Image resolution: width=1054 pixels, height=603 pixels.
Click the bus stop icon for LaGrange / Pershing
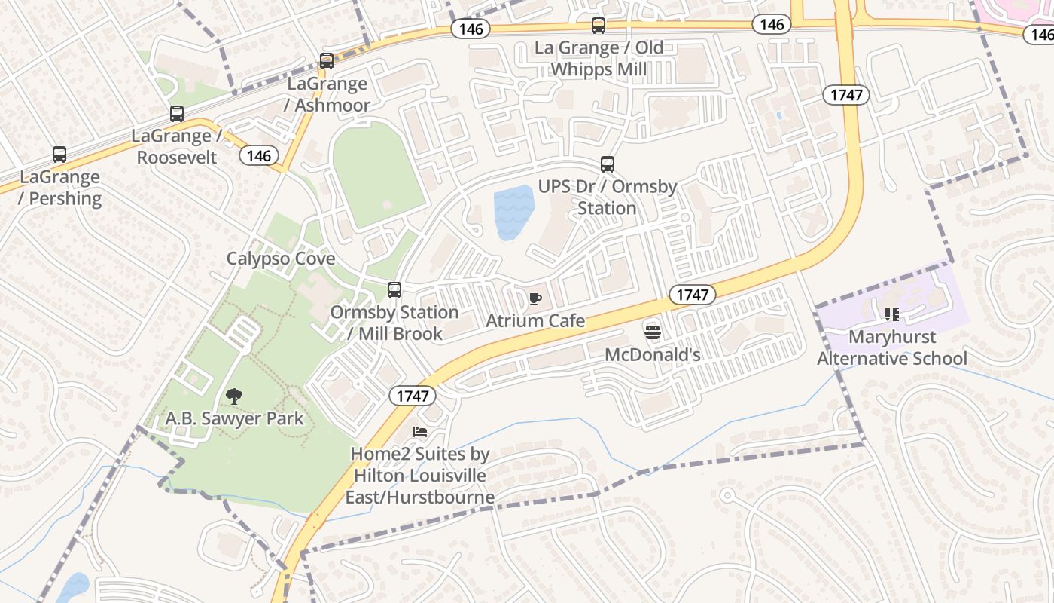click(x=59, y=155)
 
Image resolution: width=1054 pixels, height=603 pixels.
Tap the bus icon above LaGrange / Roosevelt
click(x=177, y=114)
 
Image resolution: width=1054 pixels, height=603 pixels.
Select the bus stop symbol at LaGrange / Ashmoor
click(x=327, y=61)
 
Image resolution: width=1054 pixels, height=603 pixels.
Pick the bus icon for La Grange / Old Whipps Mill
click(x=599, y=26)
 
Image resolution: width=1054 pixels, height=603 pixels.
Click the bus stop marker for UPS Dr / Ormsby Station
click(x=608, y=164)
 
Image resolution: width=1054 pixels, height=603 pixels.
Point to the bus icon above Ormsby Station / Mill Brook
click(x=394, y=289)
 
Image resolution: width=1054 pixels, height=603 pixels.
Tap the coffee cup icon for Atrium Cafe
click(x=535, y=298)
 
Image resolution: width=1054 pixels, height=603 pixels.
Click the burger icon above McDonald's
click(x=652, y=331)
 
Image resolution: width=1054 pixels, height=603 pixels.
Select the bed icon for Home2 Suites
click(x=420, y=432)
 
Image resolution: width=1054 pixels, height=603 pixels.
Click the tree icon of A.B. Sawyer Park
click(x=234, y=396)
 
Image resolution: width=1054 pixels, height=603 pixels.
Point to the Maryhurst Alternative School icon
click(x=892, y=314)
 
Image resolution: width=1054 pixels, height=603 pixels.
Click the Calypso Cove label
click(x=281, y=259)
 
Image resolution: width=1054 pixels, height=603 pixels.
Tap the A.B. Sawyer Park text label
click(x=234, y=418)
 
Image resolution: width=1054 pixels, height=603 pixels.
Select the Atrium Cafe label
click(x=535, y=321)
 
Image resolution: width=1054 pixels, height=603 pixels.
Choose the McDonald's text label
click(x=653, y=354)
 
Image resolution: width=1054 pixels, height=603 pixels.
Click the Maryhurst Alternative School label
click(x=892, y=347)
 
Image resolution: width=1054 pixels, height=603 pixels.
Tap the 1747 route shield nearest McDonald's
click(x=692, y=295)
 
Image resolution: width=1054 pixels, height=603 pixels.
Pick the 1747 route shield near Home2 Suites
click(x=412, y=396)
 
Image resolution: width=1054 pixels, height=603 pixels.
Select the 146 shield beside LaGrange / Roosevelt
click(x=258, y=156)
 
